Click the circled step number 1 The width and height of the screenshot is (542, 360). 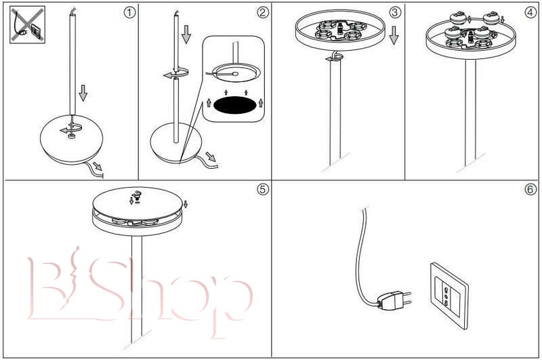click(x=129, y=13)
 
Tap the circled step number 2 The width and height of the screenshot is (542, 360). click(x=263, y=13)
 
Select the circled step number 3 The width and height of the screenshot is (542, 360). click(x=395, y=13)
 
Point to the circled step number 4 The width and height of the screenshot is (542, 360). click(x=530, y=13)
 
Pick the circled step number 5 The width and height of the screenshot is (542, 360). click(x=263, y=189)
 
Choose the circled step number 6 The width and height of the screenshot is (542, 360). click(x=530, y=189)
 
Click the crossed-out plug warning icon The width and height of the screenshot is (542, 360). click(x=28, y=24)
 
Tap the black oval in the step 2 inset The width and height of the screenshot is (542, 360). click(x=234, y=105)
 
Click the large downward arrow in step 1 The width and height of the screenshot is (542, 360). click(x=83, y=93)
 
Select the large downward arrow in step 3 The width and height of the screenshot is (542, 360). click(x=394, y=36)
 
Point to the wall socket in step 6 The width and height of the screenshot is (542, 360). click(x=449, y=296)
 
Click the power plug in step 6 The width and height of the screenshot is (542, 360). click(x=395, y=300)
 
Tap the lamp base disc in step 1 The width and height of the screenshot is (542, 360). click(x=72, y=140)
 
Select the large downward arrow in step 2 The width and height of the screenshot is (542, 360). click(x=186, y=34)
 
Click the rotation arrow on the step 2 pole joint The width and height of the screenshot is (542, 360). click(x=176, y=73)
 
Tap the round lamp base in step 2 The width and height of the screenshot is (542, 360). click(x=176, y=143)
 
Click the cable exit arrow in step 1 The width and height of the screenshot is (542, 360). click(x=98, y=167)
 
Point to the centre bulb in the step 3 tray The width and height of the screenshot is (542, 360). click(x=341, y=28)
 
